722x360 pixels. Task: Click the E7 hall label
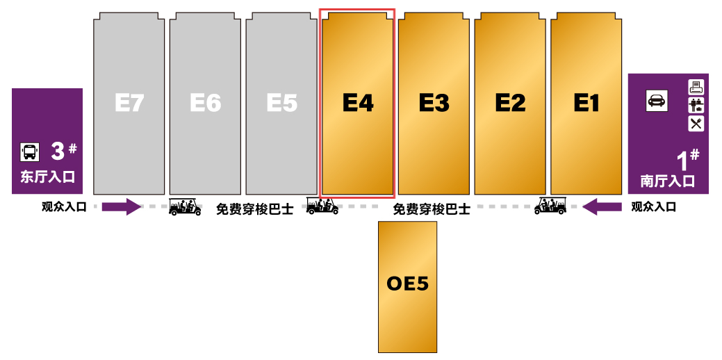pyautogui.click(x=129, y=103)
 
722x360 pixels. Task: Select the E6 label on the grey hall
pyautogui.click(x=206, y=103)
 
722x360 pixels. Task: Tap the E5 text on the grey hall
pyautogui.click(x=282, y=103)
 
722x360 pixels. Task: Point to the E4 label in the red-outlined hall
pyautogui.click(x=358, y=103)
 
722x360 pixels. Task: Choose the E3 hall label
pyautogui.click(x=434, y=103)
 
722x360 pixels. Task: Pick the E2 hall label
pyautogui.click(x=510, y=103)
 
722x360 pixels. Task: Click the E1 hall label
pyautogui.click(x=586, y=103)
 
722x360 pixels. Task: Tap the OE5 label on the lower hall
pyautogui.click(x=407, y=283)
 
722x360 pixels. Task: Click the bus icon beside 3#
pyautogui.click(x=29, y=152)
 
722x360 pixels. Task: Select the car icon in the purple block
pyautogui.click(x=657, y=100)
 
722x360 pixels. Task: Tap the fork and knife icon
pyautogui.click(x=696, y=124)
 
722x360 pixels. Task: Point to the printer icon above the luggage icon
pyautogui.click(x=696, y=87)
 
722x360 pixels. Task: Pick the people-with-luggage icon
pyautogui.click(x=696, y=106)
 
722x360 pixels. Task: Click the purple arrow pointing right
pyautogui.click(x=122, y=206)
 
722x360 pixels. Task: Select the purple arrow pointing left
pyautogui.click(x=602, y=206)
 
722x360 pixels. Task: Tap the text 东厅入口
pyautogui.click(x=47, y=177)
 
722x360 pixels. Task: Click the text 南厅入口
pyautogui.click(x=668, y=181)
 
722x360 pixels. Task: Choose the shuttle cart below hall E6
pyautogui.click(x=185, y=206)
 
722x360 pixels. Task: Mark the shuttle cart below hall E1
pyautogui.click(x=550, y=206)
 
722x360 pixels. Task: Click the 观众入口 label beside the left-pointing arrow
pyautogui.click(x=653, y=207)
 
